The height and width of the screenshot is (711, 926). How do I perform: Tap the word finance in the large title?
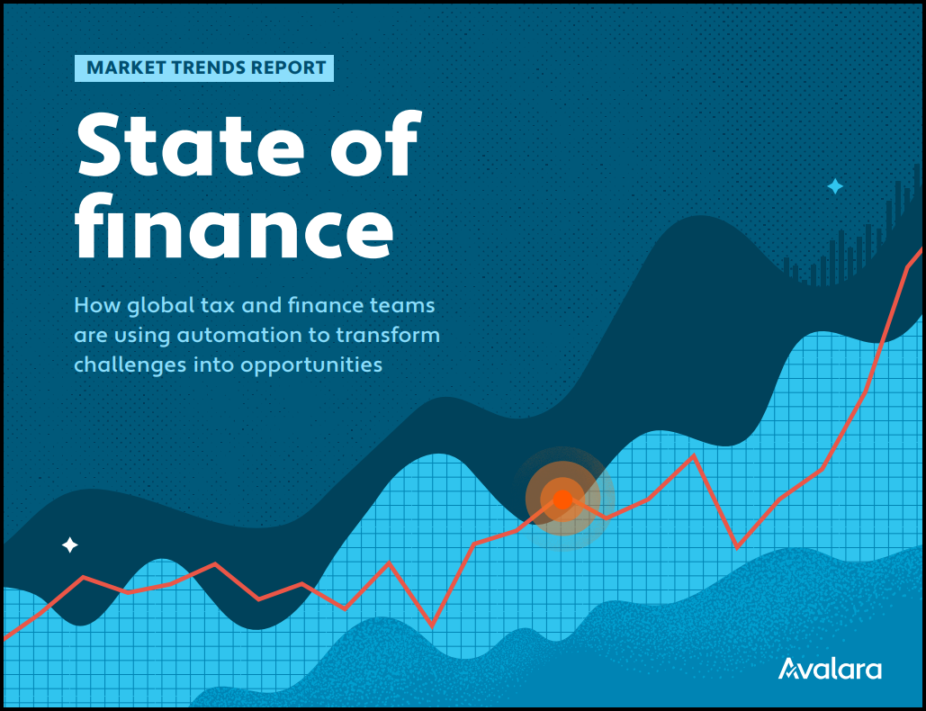(234, 226)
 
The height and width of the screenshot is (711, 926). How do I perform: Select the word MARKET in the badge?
(125, 67)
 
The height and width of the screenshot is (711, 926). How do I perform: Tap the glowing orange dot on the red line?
(562, 499)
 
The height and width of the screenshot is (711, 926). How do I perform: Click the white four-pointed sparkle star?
(69, 544)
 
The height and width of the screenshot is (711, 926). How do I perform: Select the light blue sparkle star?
(834, 186)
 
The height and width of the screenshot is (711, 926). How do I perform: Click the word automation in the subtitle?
(239, 336)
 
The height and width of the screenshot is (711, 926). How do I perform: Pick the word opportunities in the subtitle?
(311, 365)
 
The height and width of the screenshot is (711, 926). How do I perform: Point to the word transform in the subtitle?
(388, 336)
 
